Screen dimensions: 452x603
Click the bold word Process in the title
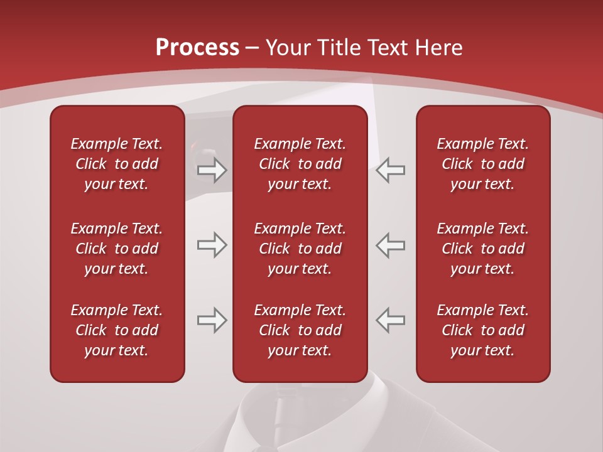click(197, 48)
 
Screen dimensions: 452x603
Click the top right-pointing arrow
click(212, 170)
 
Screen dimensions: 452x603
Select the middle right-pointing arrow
click(212, 245)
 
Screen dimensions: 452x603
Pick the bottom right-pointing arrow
click(212, 320)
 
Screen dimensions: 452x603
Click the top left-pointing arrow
click(391, 170)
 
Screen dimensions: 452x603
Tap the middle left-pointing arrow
click(391, 245)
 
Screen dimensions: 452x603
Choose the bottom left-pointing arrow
click(391, 320)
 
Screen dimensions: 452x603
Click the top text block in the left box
click(117, 164)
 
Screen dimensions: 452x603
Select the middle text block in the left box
click(117, 249)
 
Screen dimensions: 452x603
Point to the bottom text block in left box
click(117, 330)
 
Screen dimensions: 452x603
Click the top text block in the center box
click(300, 164)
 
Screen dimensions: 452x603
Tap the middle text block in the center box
click(300, 249)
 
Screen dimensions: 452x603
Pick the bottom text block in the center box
click(300, 330)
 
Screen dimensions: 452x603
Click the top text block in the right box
click(482, 164)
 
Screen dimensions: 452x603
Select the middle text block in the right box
click(482, 249)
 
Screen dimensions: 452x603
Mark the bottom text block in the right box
click(482, 330)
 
